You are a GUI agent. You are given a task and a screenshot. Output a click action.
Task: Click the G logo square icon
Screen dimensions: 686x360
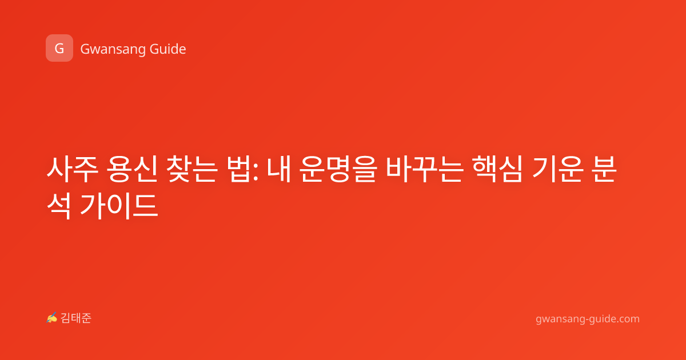tap(59, 48)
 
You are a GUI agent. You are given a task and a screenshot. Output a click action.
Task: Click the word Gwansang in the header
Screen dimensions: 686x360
tap(113, 49)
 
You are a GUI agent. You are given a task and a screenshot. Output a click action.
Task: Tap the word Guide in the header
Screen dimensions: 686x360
tap(168, 49)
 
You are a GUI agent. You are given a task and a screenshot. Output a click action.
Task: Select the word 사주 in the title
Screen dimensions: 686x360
tap(72, 169)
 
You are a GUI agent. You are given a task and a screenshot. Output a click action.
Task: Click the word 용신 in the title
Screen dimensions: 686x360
tap(131, 169)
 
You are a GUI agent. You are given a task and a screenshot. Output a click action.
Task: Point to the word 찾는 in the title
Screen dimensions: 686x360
tap(192, 169)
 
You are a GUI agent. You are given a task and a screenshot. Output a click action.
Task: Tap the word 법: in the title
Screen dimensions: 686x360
tap(242, 169)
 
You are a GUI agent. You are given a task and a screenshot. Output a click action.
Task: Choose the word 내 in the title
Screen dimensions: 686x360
tap(279, 169)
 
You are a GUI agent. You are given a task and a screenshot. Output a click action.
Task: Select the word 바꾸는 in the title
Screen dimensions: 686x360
tap(424, 169)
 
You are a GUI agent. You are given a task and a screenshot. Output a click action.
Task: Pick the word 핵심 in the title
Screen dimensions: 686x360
tap(497, 169)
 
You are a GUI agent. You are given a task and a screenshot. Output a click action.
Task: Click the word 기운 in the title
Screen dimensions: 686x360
tap(557, 169)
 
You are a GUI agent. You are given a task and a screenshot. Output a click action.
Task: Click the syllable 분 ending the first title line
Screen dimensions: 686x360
tap(604, 169)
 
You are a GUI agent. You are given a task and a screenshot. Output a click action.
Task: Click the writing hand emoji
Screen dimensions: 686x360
tap(52, 318)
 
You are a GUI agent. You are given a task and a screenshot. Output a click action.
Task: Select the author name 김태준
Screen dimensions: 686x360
tap(76, 318)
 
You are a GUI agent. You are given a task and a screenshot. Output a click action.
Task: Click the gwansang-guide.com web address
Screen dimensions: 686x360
tap(588, 319)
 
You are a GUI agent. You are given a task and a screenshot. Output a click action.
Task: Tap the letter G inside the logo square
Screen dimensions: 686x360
tap(59, 49)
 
